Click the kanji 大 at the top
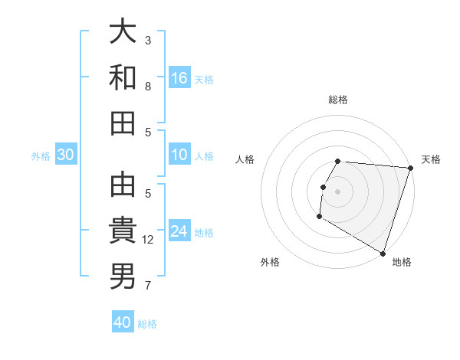pos(123,31)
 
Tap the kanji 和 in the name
pos(123,77)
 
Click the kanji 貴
pos(123,230)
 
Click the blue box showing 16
pos(179,77)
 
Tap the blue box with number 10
pos(179,155)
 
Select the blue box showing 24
pos(179,232)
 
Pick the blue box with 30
pos(66,155)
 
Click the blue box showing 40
pos(123,322)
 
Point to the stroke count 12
pos(149,240)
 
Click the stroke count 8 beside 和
pos(148,87)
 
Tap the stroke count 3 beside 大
pos(148,41)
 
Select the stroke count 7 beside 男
pos(148,286)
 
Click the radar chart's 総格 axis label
pos(338,100)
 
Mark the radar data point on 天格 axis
pos(410,169)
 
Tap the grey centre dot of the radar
pos(337,191)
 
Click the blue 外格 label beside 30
pos(41,156)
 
